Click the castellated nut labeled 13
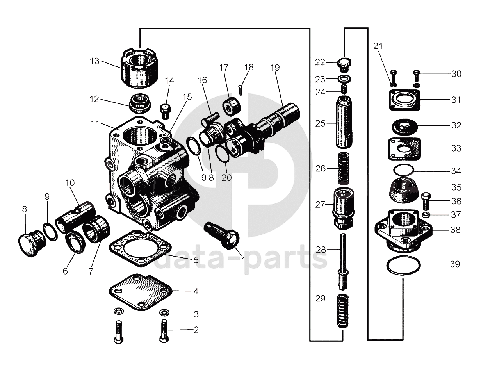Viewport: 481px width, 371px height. pos(139,69)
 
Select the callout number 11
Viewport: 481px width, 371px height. pos(95,124)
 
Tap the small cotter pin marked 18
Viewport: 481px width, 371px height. pos(241,89)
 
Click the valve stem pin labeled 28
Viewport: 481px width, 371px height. pos(343,262)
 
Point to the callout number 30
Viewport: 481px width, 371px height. pos(456,74)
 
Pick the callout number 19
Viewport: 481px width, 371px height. pos(275,68)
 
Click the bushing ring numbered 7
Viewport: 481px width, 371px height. pos(97,229)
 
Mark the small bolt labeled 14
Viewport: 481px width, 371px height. pos(165,111)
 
